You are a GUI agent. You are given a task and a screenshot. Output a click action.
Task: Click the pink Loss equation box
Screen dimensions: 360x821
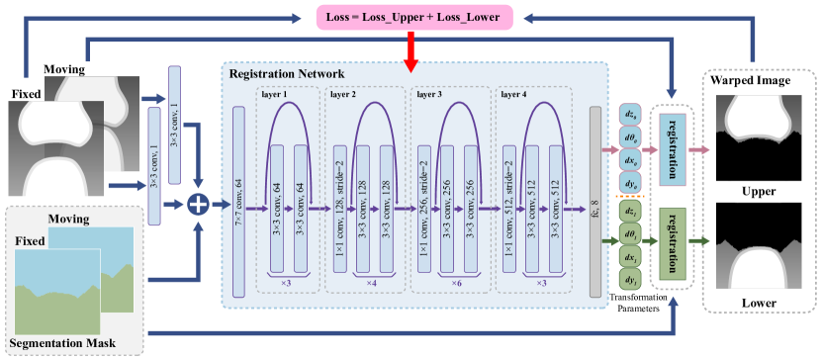(x=413, y=15)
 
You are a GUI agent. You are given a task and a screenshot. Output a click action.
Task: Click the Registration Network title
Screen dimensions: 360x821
(x=287, y=74)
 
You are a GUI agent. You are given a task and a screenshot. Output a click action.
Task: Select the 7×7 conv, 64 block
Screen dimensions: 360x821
(x=238, y=203)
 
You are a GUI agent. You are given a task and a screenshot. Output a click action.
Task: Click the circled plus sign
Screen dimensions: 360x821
(x=199, y=204)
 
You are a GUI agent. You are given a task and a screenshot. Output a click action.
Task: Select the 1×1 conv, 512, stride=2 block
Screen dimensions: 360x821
(x=509, y=209)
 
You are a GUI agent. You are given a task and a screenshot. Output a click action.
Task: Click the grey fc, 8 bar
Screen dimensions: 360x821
(x=594, y=203)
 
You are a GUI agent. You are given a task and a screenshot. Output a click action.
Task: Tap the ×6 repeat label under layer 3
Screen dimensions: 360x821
(x=455, y=284)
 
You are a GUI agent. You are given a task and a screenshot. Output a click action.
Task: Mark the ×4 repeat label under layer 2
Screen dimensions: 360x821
(x=371, y=284)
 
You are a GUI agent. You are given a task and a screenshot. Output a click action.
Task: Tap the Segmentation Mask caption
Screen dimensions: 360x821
(x=63, y=343)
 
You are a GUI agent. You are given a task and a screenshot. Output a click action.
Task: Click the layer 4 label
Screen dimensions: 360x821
(x=514, y=95)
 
